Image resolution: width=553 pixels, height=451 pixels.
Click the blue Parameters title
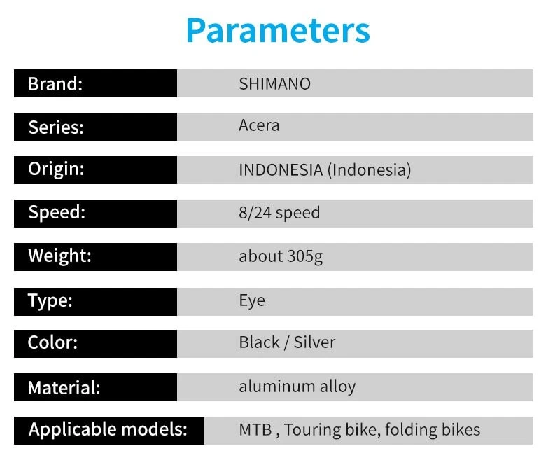[278, 30]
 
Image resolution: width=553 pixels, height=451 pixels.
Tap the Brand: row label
[55, 84]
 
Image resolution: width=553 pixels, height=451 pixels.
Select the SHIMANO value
[274, 84]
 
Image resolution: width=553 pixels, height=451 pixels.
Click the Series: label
[56, 127]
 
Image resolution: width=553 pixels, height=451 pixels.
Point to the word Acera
[259, 125]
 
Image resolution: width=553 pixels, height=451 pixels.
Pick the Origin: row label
[56, 169]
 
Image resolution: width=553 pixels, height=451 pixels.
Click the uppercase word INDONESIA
[281, 170]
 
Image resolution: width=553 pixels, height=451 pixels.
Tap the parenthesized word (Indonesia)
[370, 170]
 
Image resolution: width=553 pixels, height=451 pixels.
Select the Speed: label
[57, 213]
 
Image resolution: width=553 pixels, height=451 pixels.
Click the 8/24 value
[255, 213]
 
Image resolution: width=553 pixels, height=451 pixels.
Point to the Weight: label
[59, 256]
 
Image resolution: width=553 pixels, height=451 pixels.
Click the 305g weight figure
[304, 256]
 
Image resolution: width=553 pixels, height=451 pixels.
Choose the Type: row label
[50, 301]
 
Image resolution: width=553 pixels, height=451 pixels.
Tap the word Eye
[252, 301]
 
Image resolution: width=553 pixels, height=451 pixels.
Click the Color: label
[52, 342]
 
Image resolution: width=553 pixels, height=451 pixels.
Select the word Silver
[314, 342]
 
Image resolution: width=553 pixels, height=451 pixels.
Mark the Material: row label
[64, 387]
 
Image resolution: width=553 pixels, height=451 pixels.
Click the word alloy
[337, 387]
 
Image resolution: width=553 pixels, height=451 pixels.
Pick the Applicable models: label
[108, 430]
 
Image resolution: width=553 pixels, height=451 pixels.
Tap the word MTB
[255, 430]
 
